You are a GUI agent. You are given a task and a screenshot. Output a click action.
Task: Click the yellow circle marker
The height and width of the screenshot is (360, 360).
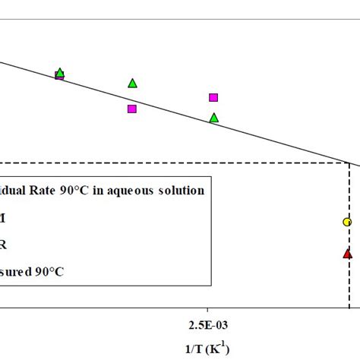coord(347,222)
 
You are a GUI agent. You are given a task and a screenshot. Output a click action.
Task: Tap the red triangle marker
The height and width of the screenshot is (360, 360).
coord(347,254)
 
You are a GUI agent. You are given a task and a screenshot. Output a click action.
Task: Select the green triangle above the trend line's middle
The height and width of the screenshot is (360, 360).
coord(132,83)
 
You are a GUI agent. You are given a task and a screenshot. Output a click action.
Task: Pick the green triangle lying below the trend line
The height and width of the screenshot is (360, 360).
coord(213,118)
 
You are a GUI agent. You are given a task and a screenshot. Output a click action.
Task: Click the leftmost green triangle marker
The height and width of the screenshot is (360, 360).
coord(60,73)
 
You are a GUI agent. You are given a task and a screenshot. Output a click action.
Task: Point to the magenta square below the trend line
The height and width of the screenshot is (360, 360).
coord(132,109)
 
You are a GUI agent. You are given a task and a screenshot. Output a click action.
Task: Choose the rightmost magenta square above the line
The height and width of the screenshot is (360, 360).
coord(213,97)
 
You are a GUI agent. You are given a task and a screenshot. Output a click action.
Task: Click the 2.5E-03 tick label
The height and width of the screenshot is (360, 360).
coord(207,325)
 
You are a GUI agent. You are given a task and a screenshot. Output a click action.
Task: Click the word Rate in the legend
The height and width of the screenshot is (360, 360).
coord(55,191)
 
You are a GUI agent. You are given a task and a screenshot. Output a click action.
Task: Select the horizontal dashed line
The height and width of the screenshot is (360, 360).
coord(175,163)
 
